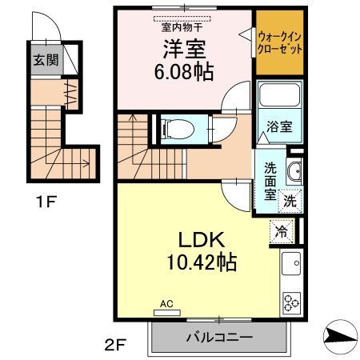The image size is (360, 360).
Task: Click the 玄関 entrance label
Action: pos(46,60)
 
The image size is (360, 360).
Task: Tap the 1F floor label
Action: pos(46,202)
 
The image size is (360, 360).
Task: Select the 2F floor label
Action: pos(115,346)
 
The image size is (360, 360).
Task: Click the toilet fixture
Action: pos(178,130)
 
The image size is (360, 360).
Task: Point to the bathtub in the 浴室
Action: pos(279,94)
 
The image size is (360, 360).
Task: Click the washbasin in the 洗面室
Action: pos(294,171)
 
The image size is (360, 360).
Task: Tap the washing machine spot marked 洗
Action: pos(290,201)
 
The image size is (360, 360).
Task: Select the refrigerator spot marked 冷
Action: pos(282,231)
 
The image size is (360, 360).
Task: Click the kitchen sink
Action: pos(291,263)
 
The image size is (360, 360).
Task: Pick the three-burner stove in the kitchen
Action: pos(292,302)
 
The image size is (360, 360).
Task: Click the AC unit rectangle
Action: pos(167,313)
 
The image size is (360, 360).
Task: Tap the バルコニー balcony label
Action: pos(219,338)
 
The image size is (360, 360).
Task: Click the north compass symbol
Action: pos(341,337)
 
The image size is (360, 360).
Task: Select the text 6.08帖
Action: pos(184,72)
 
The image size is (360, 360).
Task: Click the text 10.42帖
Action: pos(202,262)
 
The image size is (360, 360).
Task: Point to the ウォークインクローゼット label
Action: pos(280,43)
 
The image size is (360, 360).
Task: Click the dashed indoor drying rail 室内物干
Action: pos(182,19)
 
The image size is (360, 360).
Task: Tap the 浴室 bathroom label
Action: pos(279,126)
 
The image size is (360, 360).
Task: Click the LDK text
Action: pos(202,239)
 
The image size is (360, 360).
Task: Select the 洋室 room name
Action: pos(184,50)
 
